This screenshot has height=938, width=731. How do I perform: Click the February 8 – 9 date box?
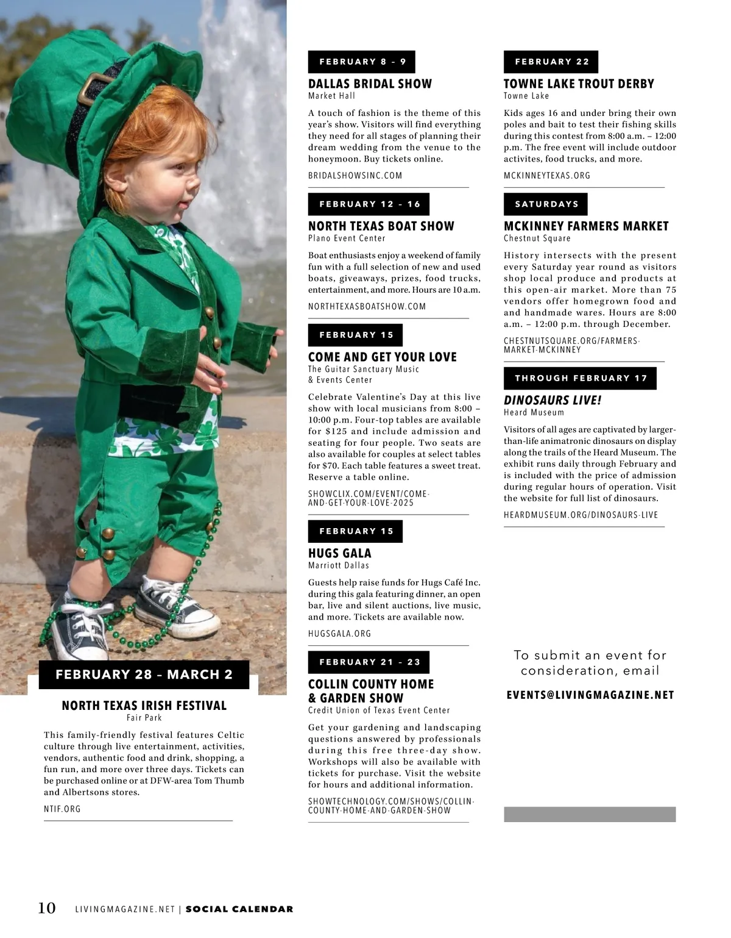click(361, 62)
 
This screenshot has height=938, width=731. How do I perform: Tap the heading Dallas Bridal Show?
click(370, 84)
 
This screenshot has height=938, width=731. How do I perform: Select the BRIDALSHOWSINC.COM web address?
click(355, 176)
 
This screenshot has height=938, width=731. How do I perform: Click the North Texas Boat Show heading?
click(381, 226)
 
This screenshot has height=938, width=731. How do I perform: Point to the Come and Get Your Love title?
click(382, 357)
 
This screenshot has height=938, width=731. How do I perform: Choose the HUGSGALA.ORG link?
click(339, 634)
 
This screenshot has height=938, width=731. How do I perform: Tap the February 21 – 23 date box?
click(369, 662)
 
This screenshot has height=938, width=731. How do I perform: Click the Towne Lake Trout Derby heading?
click(579, 84)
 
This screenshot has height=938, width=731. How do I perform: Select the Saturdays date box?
click(545, 204)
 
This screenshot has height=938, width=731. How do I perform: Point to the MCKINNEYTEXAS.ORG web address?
click(547, 176)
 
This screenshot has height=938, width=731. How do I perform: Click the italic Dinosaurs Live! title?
click(553, 401)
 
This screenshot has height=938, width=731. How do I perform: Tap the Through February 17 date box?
click(580, 378)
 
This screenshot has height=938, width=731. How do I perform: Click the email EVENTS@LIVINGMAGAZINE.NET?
click(590, 695)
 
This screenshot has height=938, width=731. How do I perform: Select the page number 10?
click(47, 908)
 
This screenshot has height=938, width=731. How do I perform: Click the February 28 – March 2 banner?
click(144, 675)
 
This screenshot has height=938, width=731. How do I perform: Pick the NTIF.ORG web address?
click(62, 809)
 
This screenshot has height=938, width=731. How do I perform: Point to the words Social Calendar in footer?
click(239, 909)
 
